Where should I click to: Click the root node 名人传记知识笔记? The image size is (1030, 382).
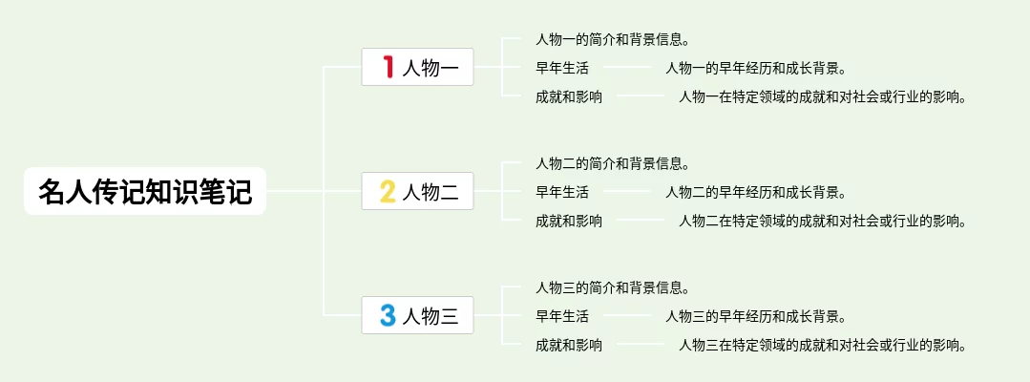(145, 191)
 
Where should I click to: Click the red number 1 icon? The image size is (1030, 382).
(388, 67)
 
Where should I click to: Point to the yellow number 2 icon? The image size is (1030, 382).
(388, 191)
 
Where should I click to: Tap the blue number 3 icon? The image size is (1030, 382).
(388, 315)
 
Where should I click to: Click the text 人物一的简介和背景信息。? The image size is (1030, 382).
(613, 40)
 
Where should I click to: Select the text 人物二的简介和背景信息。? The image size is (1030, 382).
(613, 164)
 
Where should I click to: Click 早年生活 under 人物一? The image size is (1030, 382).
(562, 68)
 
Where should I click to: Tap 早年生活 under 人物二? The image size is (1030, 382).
(562, 192)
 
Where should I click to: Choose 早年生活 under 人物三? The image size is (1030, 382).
(562, 316)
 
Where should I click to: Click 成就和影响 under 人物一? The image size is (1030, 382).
(569, 96)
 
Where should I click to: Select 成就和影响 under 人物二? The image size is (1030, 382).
(569, 221)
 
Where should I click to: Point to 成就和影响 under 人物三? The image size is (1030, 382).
(569, 345)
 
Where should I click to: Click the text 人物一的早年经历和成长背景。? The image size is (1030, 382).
(755, 68)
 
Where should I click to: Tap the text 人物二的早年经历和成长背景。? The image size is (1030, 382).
(755, 192)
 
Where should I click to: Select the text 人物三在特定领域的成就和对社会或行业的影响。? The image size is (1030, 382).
(822, 345)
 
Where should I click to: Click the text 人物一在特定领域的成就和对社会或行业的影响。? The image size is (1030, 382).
(822, 96)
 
